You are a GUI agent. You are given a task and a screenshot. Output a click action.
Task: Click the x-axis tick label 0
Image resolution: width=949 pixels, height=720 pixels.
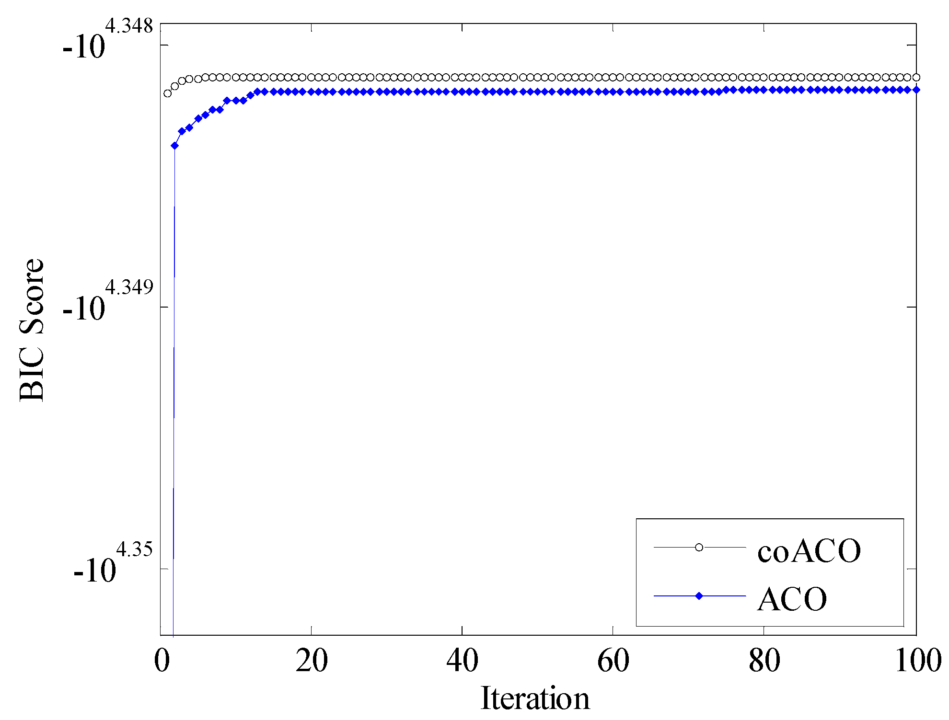click(162, 661)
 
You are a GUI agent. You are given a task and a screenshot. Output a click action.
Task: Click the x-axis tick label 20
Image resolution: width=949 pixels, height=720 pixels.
click(312, 661)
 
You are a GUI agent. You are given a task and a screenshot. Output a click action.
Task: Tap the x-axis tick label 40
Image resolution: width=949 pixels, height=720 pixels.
click(462, 661)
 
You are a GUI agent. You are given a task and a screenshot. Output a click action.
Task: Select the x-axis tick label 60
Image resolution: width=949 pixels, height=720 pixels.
click(613, 661)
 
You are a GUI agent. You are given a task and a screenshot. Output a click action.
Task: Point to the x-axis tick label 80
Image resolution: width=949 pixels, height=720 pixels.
click(764, 661)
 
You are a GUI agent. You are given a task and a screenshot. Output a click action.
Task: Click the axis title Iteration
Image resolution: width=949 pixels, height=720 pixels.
click(535, 698)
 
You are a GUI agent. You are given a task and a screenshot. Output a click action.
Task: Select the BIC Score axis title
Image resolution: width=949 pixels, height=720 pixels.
click(32, 330)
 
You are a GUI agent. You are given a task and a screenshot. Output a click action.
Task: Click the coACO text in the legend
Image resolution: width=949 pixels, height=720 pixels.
click(809, 550)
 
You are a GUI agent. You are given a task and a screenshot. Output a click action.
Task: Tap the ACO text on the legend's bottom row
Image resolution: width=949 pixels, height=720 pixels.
click(792, 599)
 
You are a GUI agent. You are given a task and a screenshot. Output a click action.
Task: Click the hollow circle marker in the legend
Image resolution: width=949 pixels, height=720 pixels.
click(699, 547)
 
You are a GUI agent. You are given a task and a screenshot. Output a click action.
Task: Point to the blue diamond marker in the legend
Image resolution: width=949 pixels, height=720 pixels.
click(699, 596)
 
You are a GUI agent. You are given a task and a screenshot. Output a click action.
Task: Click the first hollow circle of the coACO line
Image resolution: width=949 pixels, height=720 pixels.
click(167, 93)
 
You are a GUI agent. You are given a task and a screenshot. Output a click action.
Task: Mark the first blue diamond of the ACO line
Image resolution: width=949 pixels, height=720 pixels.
click(174, 146)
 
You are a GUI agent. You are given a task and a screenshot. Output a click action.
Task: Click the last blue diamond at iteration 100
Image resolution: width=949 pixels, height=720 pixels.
click(916, 90)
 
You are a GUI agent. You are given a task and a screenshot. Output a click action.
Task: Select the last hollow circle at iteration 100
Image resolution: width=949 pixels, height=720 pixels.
click(916, 77)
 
